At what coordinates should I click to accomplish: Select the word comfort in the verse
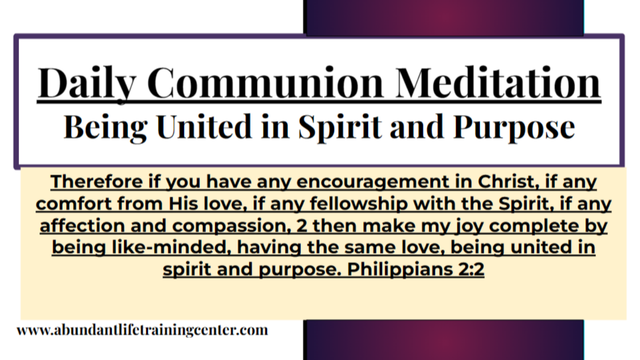(x=80, y=204)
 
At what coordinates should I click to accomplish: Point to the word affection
(x=82, y=226)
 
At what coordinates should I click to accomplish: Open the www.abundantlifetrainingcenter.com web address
(x=142, y=330)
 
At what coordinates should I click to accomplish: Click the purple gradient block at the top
(x=444, y=17)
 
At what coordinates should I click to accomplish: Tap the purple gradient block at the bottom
(x=444, y=340)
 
